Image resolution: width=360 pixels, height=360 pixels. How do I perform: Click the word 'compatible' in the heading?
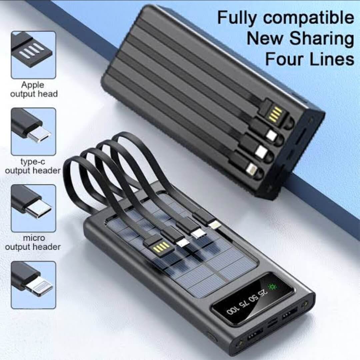309,18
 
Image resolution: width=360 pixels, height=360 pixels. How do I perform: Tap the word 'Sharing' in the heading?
321,38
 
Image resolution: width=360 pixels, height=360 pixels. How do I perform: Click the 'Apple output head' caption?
34,89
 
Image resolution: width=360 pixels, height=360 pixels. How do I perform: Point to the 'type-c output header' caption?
33,166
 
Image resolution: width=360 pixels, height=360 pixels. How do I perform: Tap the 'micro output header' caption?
33,242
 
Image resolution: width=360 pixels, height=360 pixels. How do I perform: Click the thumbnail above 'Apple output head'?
34,55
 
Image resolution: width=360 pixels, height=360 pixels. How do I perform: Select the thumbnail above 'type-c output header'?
34,132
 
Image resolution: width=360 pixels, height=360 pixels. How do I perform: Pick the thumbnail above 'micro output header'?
34,208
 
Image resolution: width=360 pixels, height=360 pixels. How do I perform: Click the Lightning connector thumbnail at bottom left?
34,285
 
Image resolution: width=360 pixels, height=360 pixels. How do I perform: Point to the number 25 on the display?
262,293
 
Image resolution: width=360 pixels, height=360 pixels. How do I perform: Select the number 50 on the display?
253,298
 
